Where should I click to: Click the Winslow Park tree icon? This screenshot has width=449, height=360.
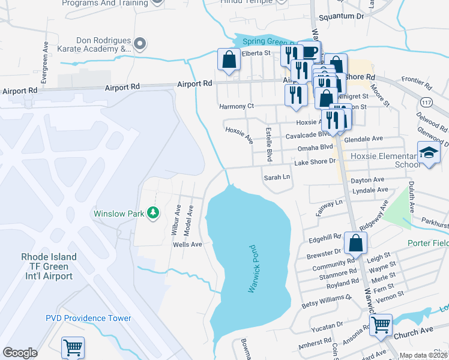coord(154,213)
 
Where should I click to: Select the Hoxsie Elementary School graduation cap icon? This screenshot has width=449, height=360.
coord(429,153)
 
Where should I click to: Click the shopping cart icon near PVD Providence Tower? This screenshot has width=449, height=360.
coord(73,347)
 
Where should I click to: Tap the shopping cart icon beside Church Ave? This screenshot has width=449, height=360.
coord(381,325)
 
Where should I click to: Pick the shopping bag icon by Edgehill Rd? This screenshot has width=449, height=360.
coord(355,243)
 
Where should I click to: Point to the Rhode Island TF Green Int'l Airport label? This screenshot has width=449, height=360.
coord(49,266)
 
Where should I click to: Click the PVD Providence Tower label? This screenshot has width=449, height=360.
coord(88,318)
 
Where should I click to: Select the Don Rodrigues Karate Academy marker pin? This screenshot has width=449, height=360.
coord(140,43)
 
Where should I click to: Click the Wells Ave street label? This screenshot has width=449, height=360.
coord(187,245)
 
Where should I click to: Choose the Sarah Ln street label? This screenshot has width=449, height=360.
coord(277,178)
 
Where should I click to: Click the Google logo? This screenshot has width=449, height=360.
coord(20,353)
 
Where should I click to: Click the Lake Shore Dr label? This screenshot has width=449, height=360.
coord(314,162)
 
